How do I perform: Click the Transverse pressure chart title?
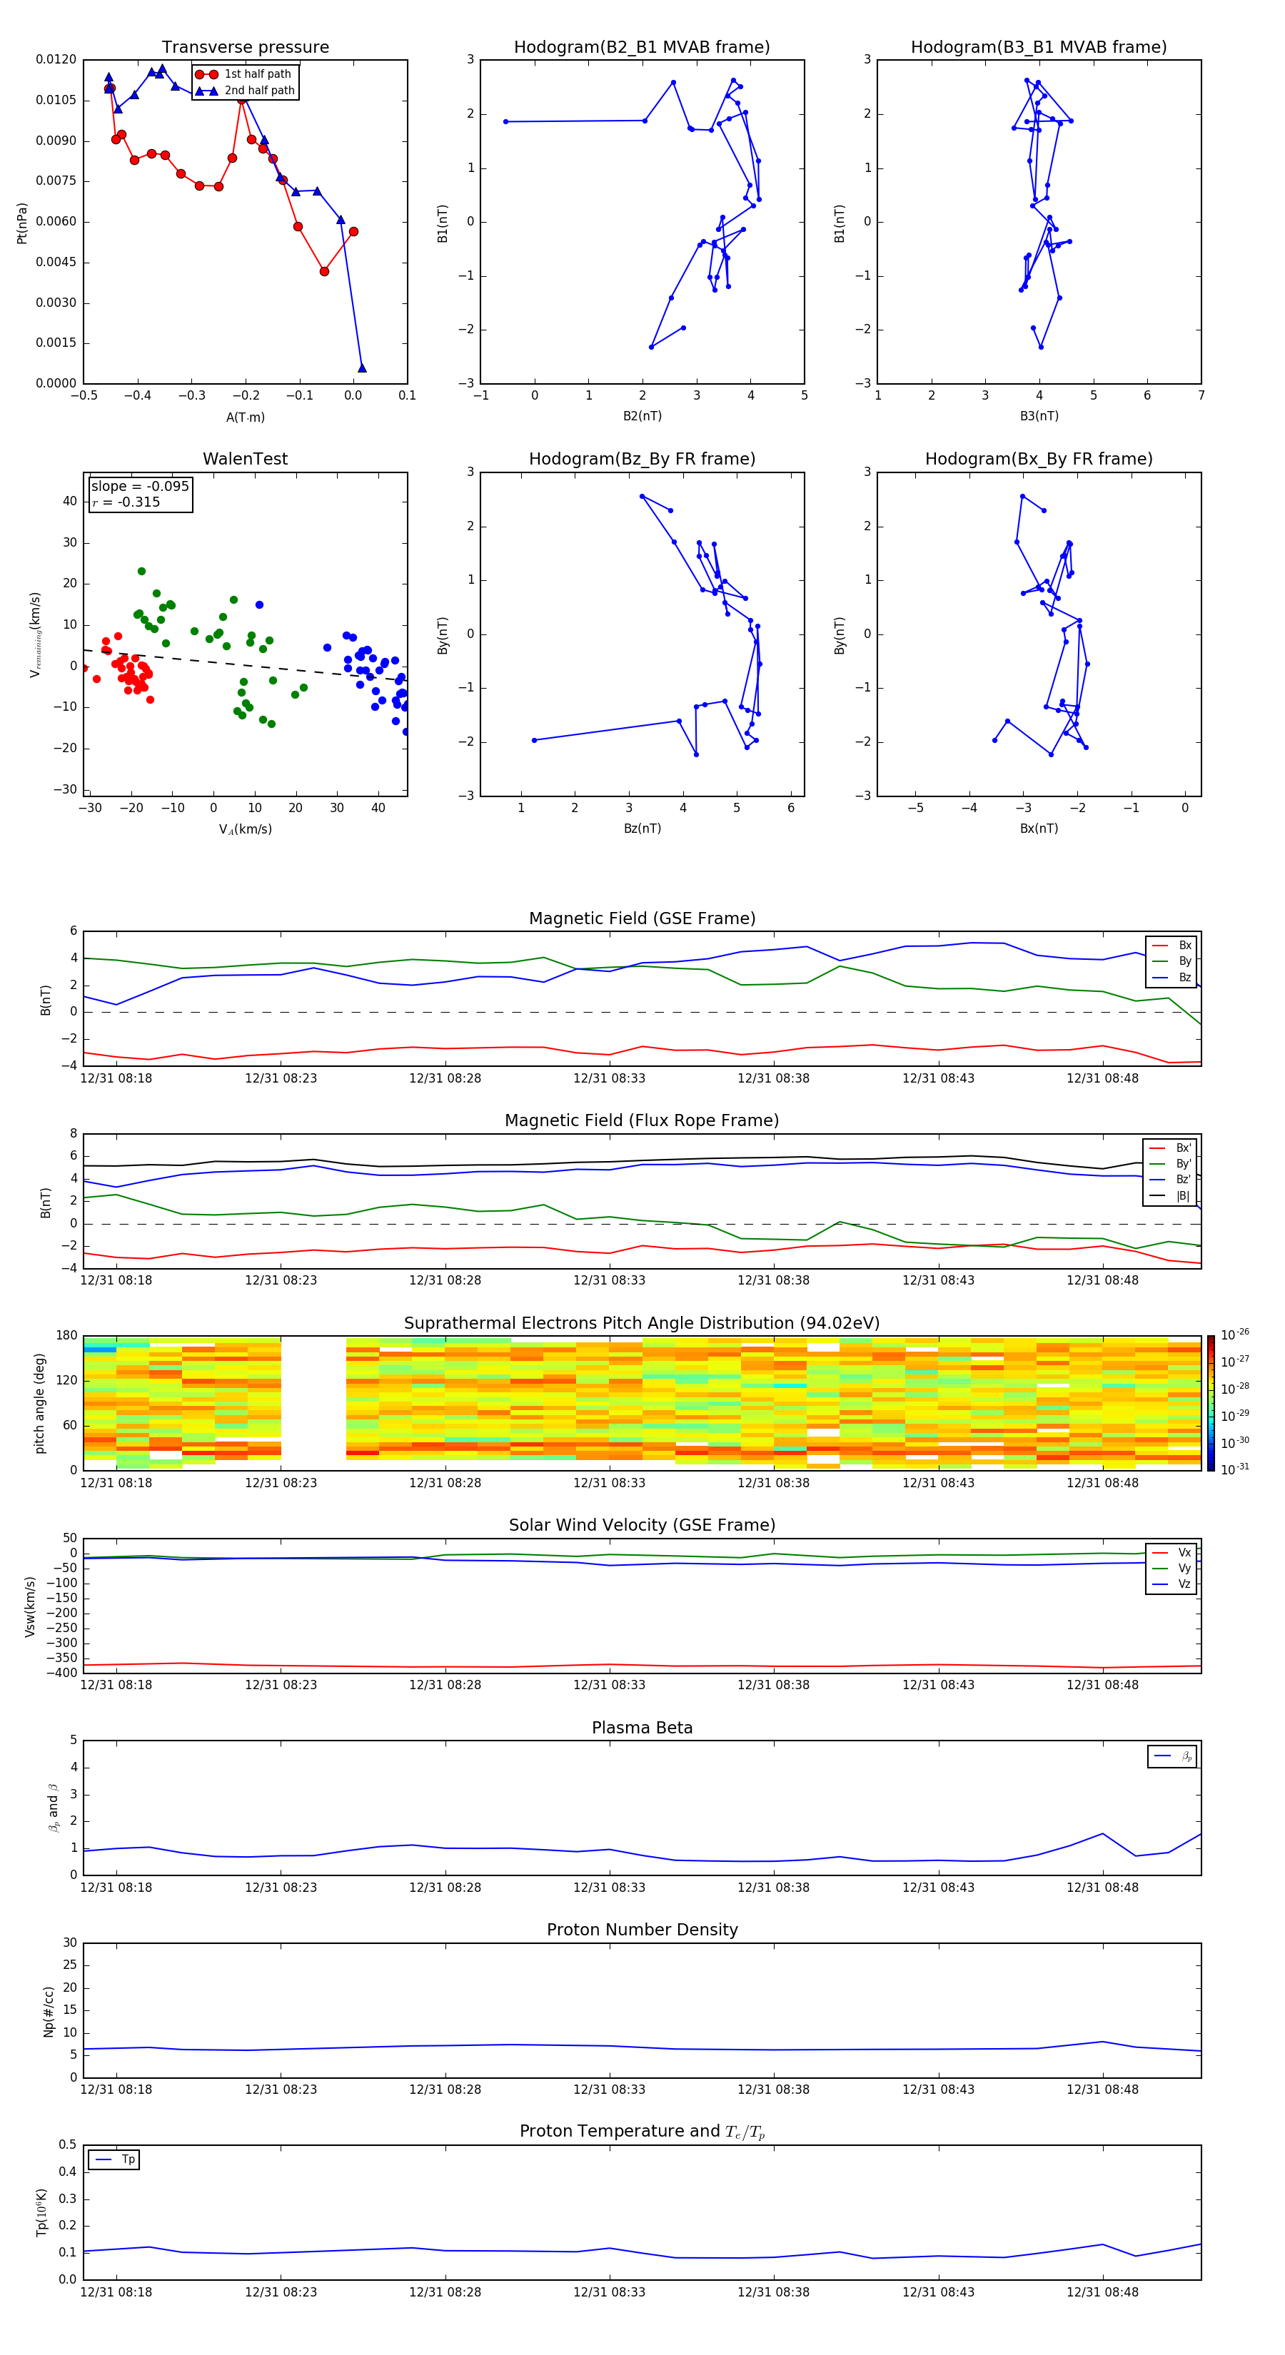pyautogui.click(x=245, y=48)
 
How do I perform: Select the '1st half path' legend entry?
pyautogui.click(x=257, y=74)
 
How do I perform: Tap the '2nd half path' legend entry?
pyautogui.click(x=259, y=91)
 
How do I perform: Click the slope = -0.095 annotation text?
pyautogui.click(x=140, y=487)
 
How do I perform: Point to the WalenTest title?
pyautogui.click(x=245, y=459)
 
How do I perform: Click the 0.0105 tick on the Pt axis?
pyautogui.click(x=56, y=100)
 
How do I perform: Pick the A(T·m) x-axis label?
pyautogui.click(x=245, y=417)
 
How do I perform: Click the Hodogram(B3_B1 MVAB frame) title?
pyautogui.click(x=1038, y=48)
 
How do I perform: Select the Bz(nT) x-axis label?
pyautogui.click(x=642, y=829)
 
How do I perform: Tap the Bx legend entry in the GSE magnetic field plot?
pyautogui.click(x=1184, y=946)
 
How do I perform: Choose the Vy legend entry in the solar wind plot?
pyautogui.click(x=1184, y=1568)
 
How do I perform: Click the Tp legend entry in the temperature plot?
pyautogui.click(x=127, y=2159)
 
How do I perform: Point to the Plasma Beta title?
pyautogui.click(x=642, y=1728)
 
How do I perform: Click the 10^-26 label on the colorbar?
pyautogui.click(x=1234, y=1334)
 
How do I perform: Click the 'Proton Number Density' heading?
pyautogui.click(x=642, y=1930)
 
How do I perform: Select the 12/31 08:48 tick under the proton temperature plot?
pyautogui.click(x=1102, y=2292)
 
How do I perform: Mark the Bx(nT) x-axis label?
pyautogui.click(x=1038, y=829)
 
